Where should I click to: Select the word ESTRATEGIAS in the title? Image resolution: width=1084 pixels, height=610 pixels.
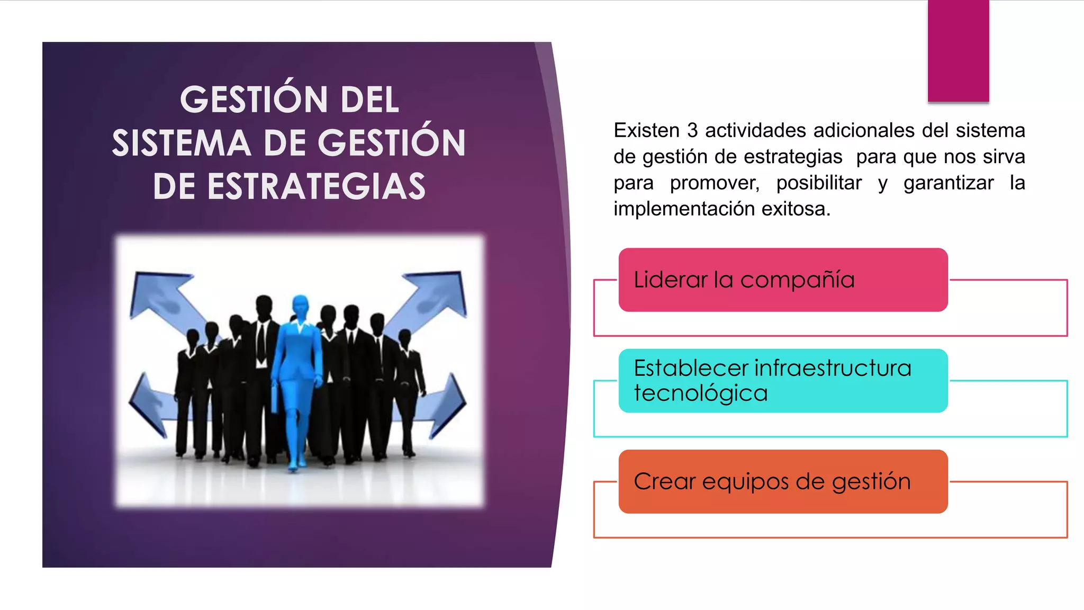click(x=316, y=187)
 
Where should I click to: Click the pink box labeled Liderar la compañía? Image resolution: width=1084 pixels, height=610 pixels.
click(x=782, y=280)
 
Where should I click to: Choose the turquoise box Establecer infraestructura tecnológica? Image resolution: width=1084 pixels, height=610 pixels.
click(x=782, y=380)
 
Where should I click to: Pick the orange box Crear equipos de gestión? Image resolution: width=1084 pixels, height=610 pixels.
click(x=782, y=481)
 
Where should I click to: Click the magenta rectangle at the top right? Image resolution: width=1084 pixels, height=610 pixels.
click(x=958, y=50)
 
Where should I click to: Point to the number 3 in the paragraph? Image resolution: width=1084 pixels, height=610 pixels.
click(x=692, y=130)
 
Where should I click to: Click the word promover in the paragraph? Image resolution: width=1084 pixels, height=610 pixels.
click(x=714, y=183)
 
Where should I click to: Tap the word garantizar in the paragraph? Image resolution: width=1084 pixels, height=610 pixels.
click(x=948, y=183)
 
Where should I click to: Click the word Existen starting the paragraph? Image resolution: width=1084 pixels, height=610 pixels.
click(x=646, y=130)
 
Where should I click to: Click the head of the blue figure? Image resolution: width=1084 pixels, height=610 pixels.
click(x=301, y=306)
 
